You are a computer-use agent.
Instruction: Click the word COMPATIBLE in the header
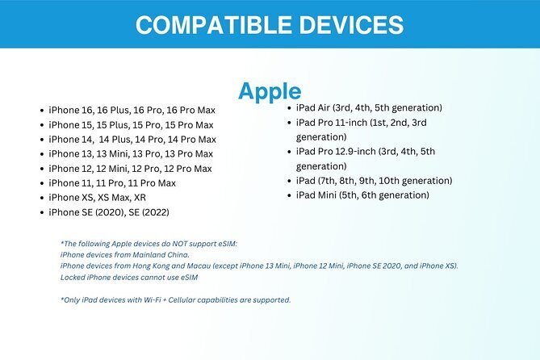211,24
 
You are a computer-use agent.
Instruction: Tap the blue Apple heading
270,91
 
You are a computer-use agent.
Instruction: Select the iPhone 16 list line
128,110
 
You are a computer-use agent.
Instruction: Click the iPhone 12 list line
130,168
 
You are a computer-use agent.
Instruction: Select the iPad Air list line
369,108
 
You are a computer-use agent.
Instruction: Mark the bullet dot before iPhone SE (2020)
41,212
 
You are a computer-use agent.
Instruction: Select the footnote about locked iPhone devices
129,277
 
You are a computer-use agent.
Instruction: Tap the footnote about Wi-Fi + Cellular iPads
175,299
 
